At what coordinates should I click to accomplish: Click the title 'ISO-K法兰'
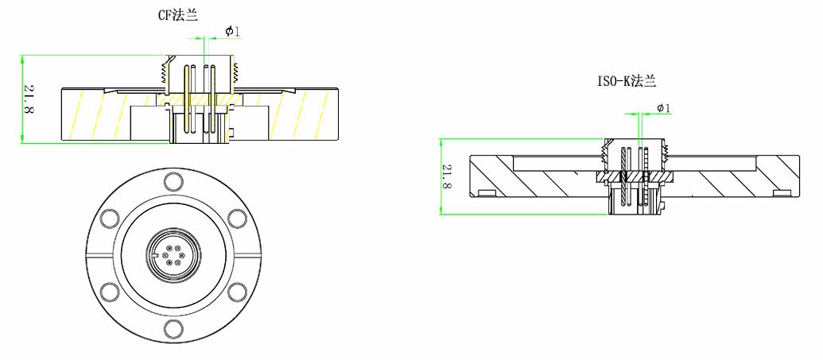point(627,81)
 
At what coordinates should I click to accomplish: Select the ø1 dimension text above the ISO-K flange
point(664,108)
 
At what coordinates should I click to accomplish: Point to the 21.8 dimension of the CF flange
point(29,99)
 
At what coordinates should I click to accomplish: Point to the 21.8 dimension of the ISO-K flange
point(447,176)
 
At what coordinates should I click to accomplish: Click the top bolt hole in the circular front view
point(173,181)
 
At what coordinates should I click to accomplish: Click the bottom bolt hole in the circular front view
point(173,327)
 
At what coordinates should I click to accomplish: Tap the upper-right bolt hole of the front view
point(236,218)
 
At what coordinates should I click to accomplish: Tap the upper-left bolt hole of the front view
point(111,218)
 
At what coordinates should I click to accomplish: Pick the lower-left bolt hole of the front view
point(111,291)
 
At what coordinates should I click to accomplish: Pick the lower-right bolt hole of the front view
point(236,291)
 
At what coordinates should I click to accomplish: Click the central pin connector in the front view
point(173,254)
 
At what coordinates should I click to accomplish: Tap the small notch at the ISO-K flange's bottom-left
point(486,192)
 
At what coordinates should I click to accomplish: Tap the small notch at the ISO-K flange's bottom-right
point(783,192)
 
